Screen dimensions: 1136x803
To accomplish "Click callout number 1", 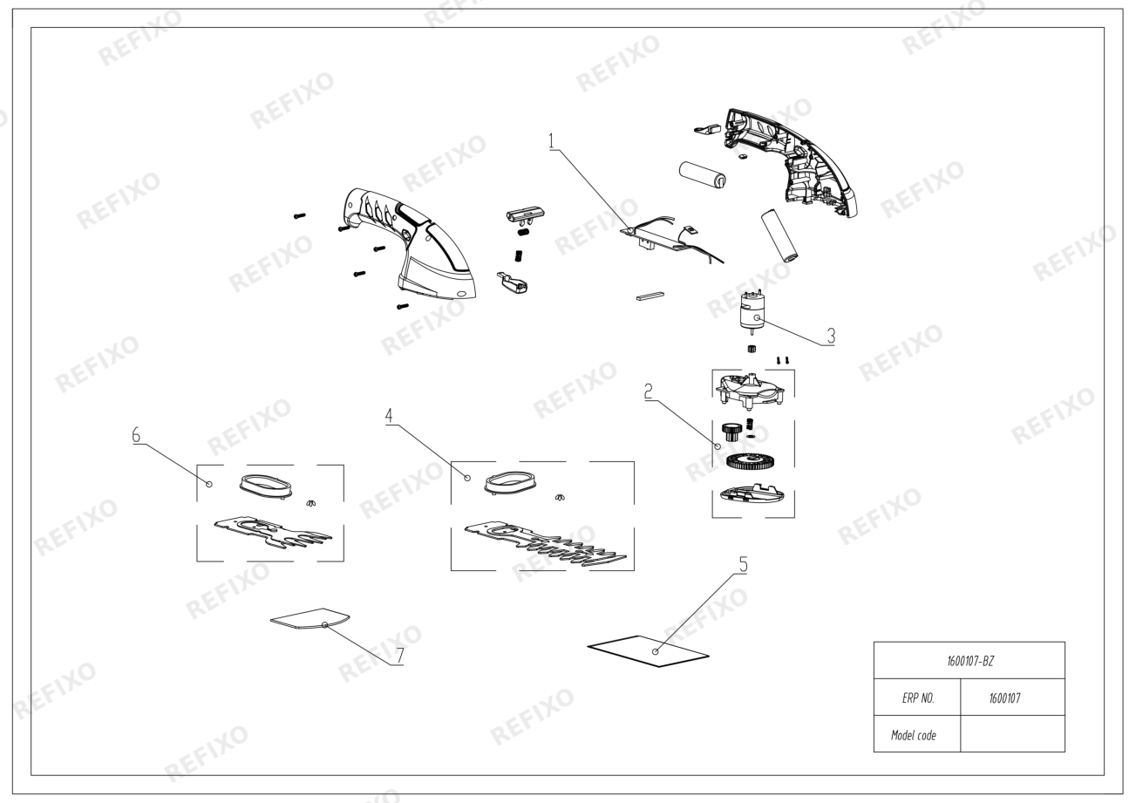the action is coord(552,141).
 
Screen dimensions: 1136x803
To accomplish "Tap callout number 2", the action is coord(648,391).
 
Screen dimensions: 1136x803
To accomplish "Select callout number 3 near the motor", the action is coord(831,336).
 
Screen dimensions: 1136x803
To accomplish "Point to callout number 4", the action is coord(389,416).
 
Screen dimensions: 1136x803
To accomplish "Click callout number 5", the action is coord(744,565).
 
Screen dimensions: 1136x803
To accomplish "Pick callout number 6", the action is coord(136,435).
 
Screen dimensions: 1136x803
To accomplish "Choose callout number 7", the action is coord(400,656).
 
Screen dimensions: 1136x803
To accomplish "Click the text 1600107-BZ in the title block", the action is coord(970,662).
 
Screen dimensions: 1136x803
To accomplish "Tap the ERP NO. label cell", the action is coord(918,698).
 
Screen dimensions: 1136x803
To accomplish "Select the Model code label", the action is coord(914,736).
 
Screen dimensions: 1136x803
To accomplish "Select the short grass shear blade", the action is coord(273,533).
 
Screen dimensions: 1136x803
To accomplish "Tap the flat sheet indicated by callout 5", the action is coord(648,651).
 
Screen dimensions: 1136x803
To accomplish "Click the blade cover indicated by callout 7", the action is coord(310,619).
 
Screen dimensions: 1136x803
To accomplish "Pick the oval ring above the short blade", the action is coord(266,485).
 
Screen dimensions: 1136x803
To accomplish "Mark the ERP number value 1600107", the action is coord(1004,698).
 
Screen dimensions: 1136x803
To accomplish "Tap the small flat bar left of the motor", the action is coord(650,296).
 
